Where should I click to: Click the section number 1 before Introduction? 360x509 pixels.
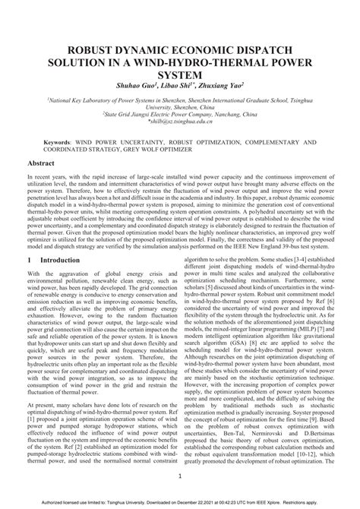(30, 260)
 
